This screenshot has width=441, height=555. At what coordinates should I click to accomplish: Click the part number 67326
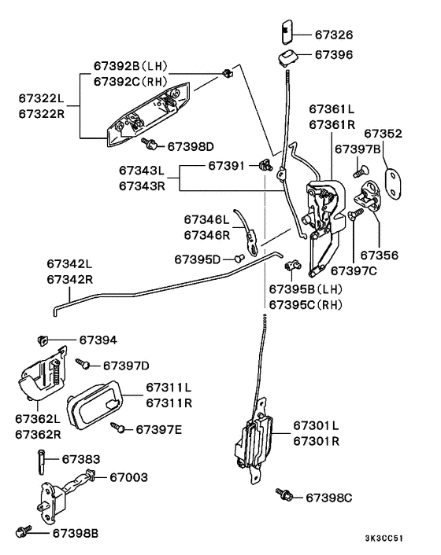(334, 35)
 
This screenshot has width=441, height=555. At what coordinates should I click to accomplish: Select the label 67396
(334, 54)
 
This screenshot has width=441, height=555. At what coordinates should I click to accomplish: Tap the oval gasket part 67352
(393, 184)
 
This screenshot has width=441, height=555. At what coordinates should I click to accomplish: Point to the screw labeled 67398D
(150, 144)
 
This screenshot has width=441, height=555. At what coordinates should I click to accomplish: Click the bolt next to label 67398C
(284, 494)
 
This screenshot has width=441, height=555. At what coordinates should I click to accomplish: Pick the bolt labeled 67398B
(24, 531)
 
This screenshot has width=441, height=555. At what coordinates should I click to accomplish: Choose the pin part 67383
(41, 462)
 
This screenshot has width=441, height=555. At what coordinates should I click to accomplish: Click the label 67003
(128, 477)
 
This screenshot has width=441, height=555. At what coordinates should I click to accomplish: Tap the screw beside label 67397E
(117, 428)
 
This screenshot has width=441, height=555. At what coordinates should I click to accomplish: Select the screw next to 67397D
(83, 364)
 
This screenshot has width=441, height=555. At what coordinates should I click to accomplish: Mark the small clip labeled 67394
(43, 340)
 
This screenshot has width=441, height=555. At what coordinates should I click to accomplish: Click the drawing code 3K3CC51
(384, 538)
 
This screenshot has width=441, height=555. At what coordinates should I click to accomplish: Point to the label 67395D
(198, 259)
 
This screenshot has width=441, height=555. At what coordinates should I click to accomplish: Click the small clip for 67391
(266, 165)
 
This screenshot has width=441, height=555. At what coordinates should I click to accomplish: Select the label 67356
(380, 255)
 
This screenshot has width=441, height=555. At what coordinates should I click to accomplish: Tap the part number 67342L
(69, 263)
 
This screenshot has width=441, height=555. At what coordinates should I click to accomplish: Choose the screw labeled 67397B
(361, 171)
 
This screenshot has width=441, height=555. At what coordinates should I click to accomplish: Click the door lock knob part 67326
(287, 32)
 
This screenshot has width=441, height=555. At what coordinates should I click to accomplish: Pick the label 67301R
(317, 441)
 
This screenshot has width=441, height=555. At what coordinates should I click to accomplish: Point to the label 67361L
(332, 109)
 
